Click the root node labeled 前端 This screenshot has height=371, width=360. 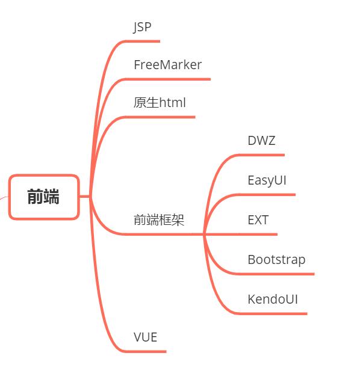(x=43, y=197)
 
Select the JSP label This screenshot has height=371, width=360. (x=142, y=27)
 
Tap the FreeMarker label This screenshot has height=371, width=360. (x=167, y=65)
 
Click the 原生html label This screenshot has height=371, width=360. (x=160, y=103)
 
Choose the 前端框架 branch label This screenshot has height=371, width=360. (x=159, y=220)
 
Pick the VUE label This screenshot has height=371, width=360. (x=145, y=337)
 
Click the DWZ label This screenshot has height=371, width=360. (x=261, y=141)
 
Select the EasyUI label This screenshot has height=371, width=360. (x=267, y=180)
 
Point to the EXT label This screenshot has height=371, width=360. (x=258, y=220)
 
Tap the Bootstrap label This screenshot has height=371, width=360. (x=276, y=260)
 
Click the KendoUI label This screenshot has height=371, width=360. (x=273, y=299)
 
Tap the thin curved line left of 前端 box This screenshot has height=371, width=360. (x=4, y=198)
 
